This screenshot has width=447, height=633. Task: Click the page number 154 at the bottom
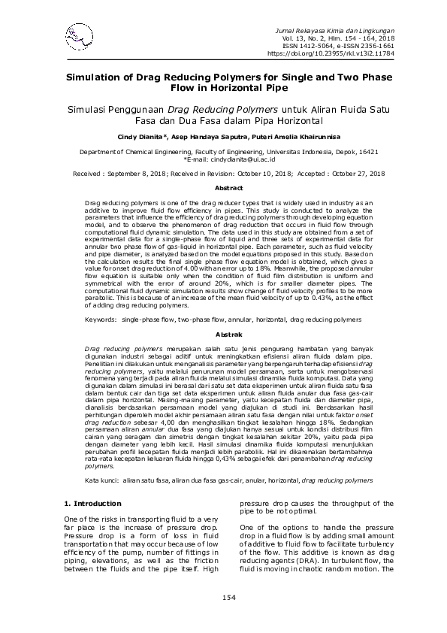[x=223, y=598]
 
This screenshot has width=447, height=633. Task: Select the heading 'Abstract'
[x=223, y=188]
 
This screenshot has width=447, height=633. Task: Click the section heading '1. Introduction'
[x=92, y=482]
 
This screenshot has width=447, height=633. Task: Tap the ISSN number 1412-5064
[x=324, y=45]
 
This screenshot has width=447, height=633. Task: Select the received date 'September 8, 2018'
[x=141, y=173]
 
